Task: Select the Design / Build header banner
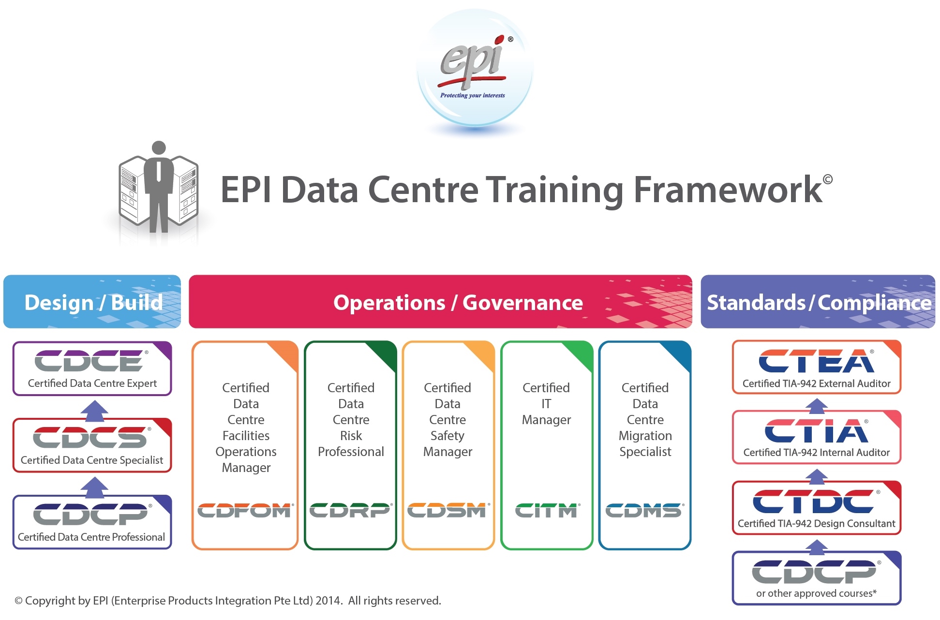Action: pyautogui.click(x=92, y=302)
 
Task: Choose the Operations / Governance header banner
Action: pyautogui.click(x=440, y=302)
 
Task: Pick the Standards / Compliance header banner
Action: pyautogui.click(x=818, y=302)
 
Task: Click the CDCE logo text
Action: pyautogui.click(x=89, y=361)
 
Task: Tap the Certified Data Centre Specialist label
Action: pyautogui.click(x=92, y=460)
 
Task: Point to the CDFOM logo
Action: pyautogui.click(x=244, y=510)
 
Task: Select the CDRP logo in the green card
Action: pyautogui.click(x=350, y=510)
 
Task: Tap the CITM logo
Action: pyautogui.click(x=546, y=510)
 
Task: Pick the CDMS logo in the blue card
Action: pyautogui.click(x=644, y=510)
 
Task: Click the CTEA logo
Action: pyautogui.click(x=816, y=361)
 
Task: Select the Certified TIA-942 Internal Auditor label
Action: pyautogui.click(x=817, y=452)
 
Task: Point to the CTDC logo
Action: pyautogui.click(x=814, y=501)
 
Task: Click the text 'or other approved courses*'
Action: pyautogui.click(x=816, y=593)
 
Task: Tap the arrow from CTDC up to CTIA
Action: pyautogui.click(x=817, y=476)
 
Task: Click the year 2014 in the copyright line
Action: pyautogui.click(x=328, y=601)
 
